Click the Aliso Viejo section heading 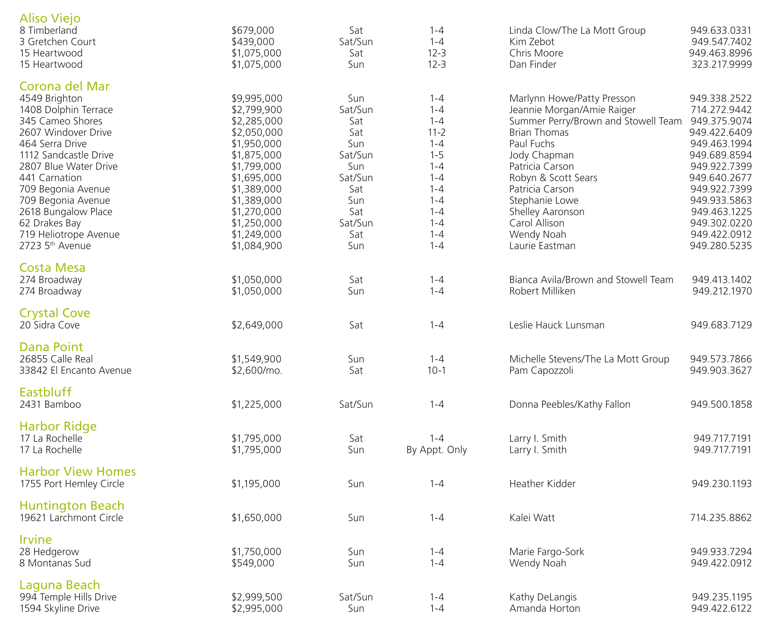pos(50,18)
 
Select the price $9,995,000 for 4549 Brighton pos(257,99)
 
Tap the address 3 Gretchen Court pos(58,42)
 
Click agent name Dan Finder pos(532,65)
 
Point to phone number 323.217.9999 pos(721,65)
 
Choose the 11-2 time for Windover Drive pos(436,132)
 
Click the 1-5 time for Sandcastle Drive pos(436,155)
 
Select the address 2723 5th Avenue pos(55,246)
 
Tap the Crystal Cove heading pos(55,313)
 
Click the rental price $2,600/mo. pos(257,371)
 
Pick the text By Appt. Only pos(436,450)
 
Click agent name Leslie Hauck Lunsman pos(557,325)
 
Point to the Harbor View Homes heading pos(78,472)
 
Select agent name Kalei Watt pos(532,518)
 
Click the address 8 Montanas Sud pos(55,563)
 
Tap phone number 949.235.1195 pos(721,597)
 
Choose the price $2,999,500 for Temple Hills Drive pos(257,597)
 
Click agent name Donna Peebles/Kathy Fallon pos(570,405)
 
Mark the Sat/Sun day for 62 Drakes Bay pos(356,223)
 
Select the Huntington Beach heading pos(72,506)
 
